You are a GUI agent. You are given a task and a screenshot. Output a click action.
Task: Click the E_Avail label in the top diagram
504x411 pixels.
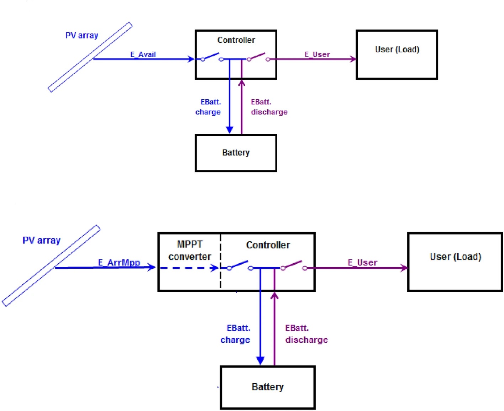tap(143, 54)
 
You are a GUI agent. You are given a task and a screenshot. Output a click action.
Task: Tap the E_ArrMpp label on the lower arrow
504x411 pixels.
tap(119, 263)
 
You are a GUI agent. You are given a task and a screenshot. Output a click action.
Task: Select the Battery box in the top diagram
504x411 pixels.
tap(236, 153)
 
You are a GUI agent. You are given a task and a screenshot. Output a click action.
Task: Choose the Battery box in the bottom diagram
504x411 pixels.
tap(268, 387)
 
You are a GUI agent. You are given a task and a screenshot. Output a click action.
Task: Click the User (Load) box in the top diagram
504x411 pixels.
tap(397, 54)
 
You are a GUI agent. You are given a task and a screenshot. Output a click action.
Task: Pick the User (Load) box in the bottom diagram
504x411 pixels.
tap(455, 262)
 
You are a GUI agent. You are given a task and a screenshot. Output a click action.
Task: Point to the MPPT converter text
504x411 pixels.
tap(190, 251)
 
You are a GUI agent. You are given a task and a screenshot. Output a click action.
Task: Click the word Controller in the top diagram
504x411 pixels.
tap(236, 40)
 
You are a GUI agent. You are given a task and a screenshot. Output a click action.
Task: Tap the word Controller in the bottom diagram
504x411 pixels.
tap(268, 245)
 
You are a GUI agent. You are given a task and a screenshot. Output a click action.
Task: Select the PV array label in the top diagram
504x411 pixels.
tap(82, 36)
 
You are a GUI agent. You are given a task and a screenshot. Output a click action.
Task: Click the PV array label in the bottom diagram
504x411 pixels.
tap(41, 241)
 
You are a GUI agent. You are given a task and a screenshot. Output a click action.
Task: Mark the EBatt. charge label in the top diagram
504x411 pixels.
tap(209, 107)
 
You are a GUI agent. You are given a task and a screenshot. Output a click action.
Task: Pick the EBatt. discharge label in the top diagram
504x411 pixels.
tap(269, 107)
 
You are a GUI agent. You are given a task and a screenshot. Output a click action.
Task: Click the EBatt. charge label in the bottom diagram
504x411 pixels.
tap(236, 334)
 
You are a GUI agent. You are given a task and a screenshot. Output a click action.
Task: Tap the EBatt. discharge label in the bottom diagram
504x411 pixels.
tap(306, 334)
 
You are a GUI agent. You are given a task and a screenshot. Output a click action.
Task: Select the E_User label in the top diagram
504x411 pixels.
tap(317, 54)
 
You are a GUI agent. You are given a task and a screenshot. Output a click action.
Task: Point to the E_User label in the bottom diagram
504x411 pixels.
tap(362, 263)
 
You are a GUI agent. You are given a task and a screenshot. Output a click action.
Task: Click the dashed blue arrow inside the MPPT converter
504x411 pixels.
tap(189, 268)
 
